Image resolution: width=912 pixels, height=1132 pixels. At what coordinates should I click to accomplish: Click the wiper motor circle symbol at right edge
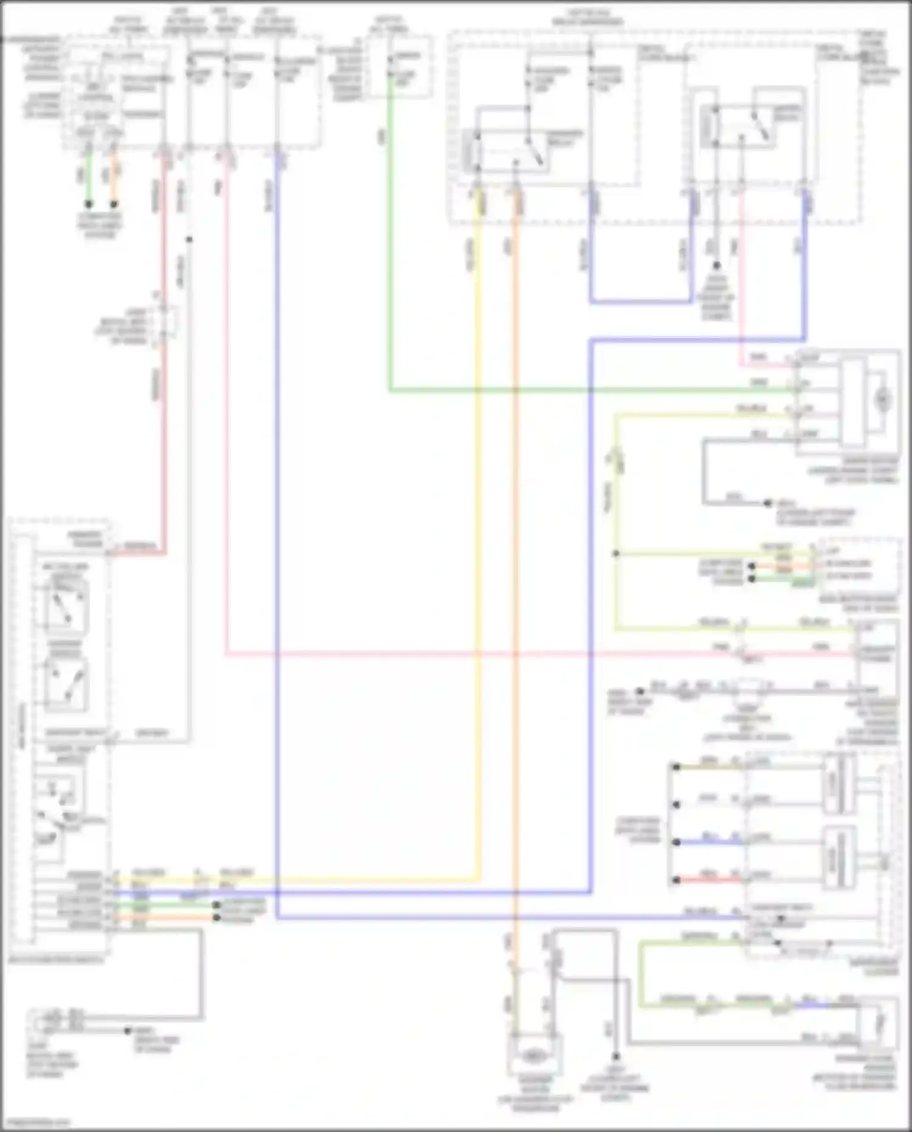(x=883, y=400)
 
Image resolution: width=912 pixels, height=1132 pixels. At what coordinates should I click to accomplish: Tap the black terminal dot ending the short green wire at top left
(x=89, y=204)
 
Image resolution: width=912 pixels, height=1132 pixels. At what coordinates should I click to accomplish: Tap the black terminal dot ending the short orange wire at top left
(x=114, y=204)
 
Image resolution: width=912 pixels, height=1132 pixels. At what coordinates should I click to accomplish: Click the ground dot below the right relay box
(x=716, y=266)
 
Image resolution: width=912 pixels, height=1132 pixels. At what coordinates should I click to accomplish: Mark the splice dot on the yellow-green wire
(x=616, y=554)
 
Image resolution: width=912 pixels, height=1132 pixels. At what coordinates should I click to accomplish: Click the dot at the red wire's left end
(x=676, y=880)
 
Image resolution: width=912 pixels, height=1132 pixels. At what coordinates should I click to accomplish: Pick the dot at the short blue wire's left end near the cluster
(x=676, y=842)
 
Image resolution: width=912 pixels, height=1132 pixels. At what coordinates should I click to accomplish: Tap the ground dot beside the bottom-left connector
(x=128, y=1030)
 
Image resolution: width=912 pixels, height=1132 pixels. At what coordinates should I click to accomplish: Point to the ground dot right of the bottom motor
(x=616, y=1057)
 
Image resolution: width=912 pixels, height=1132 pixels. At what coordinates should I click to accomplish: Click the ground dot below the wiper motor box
(x=768, y=503)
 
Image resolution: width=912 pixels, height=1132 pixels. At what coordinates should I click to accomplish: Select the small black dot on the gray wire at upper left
(x=189, y=240)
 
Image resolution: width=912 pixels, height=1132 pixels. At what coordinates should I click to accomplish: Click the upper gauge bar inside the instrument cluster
(x=840, y=784)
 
